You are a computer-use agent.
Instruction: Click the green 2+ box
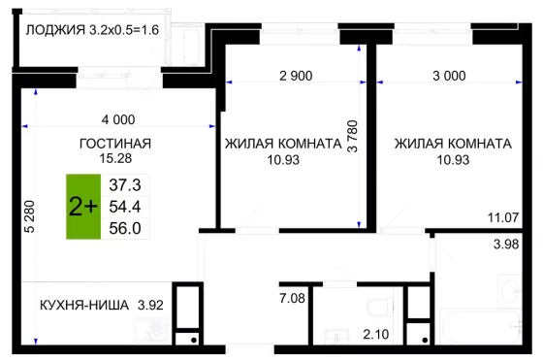(x=83, y=207)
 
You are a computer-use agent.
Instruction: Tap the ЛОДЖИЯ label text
(x=55, y=30)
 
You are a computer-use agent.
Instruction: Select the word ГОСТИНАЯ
(x=115, y=144)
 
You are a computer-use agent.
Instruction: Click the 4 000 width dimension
(x=118, y=120)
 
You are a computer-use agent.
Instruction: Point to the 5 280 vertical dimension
(x=30, y=216)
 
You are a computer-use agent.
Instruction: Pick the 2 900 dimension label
(x=296, y=76)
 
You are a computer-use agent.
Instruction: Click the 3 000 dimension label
(x=449, y=76)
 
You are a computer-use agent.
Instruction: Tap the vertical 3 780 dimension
(x=352, y=136)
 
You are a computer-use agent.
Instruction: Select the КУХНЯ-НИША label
(x=84, y=306)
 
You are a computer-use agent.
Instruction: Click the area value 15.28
(x=115, y=158)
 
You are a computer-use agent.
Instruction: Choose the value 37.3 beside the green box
(x=125, y=185)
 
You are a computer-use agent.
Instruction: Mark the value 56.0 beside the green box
(x=125, y=228)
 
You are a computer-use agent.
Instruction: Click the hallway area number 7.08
(x=292, y=298)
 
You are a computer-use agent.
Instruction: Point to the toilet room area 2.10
(x=376, y=335)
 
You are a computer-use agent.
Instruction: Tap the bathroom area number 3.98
(x=506, y=245)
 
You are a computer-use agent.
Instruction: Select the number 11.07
(x=503, y=217)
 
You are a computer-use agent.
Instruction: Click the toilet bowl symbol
(x=380, y=308)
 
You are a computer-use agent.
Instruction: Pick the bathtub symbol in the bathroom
(x=481, y=327)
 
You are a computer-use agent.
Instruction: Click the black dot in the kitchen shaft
(x=194, y=341)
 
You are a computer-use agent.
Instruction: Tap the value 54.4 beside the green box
(x=125, y=207)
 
